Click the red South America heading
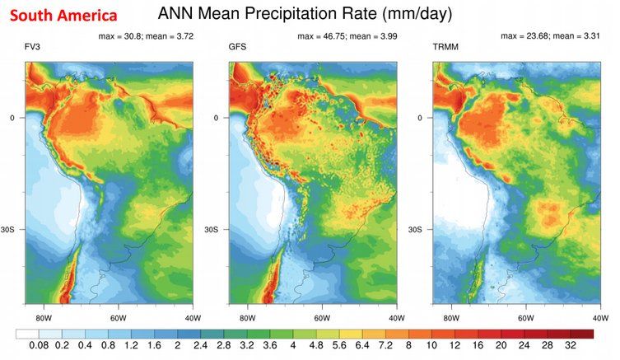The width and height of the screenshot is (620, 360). click(x=63, y=16)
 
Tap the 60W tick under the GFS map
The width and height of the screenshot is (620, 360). click(x=321, y=316)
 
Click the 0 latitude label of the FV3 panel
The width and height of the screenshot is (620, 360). click(x=12, y=118)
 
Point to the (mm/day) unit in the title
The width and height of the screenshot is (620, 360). click(x=432, y=14)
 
